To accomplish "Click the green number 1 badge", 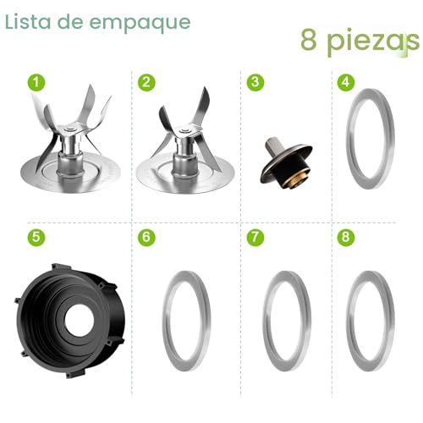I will pos(35,82).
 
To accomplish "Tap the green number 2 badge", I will pos(146,82).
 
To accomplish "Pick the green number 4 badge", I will pos(345,82).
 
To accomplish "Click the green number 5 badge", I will pos(35,237).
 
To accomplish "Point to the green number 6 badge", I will pos(146,237).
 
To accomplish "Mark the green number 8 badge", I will pos(345,237).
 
